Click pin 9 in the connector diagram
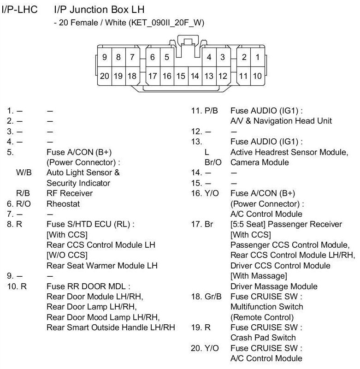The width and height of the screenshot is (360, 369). click(x=105, y=58)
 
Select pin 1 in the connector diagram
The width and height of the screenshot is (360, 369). click(x=257, y=58)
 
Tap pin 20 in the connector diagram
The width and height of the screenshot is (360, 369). click(x=105, y=76)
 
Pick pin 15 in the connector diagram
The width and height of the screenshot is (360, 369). click(x=181, y=76)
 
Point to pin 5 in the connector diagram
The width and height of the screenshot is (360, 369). click(x=166, y=58)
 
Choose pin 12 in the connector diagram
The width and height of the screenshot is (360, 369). click(x=223, y=76)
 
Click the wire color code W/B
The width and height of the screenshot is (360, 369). click(x=23, y=173)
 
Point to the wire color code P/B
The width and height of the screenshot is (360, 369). click(x=212, y=111)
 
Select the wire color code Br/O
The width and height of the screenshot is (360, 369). click(x=213, y=162)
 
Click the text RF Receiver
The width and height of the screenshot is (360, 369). click(x=70, y=193)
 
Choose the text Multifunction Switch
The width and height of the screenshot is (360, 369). click(x=267, y=307)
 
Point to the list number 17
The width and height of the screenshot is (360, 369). click(x=196, y=224)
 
